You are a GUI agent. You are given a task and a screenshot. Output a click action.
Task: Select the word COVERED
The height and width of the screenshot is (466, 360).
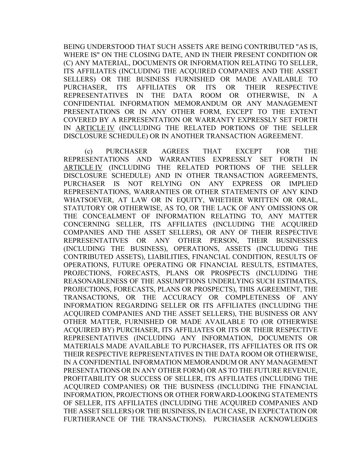[78, 120]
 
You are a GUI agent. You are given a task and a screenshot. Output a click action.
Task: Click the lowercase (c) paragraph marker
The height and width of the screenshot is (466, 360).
[88, 151]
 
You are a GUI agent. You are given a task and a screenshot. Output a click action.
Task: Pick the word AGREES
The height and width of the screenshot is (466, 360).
[175, 151]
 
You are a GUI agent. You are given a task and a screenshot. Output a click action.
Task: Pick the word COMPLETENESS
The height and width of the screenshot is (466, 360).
[254, 297]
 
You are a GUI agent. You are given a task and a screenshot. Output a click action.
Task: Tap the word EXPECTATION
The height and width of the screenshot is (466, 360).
[280, 411]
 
